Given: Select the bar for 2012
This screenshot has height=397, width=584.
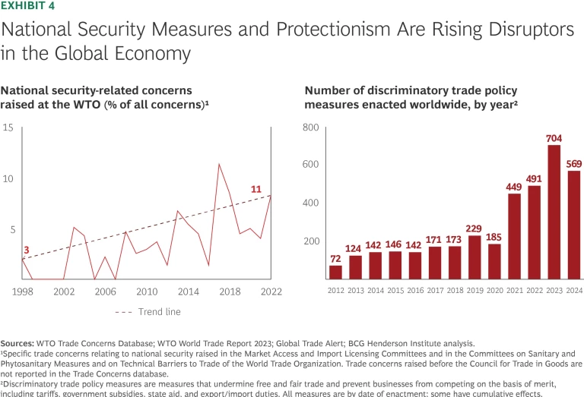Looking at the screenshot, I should click(335, 273).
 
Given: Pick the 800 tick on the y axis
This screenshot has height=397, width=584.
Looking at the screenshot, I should click(310, 128).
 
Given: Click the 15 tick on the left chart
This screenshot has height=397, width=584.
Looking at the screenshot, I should click(8, 128).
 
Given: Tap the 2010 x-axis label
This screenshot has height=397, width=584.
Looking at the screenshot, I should click(146, 291).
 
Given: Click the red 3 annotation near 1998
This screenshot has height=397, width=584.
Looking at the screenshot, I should click(26, 250).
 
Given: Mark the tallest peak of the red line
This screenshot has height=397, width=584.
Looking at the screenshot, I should click(219, 164).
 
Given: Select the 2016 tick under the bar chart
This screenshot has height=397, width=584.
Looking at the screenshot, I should click(414, 290).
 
